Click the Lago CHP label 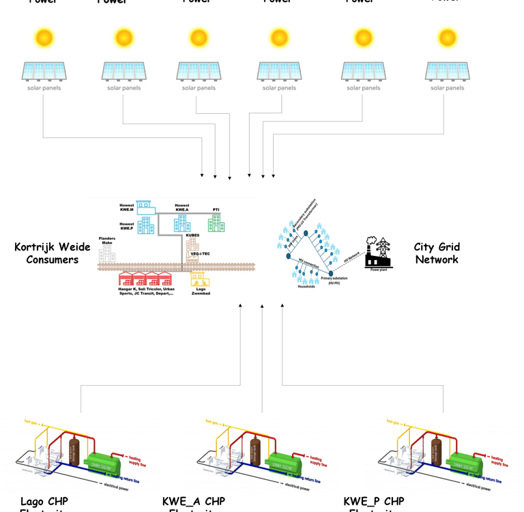coord(44,502)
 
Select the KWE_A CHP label coord(194,502)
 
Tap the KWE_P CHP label coord(374,502)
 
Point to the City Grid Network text coord(437,253)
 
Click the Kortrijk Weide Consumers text coord(53,253)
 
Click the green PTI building coord(216,223)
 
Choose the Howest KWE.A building coord(182,223)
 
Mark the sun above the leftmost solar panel coord(44,37)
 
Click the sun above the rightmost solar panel coord(447,37)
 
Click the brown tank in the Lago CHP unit coord(74,450)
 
